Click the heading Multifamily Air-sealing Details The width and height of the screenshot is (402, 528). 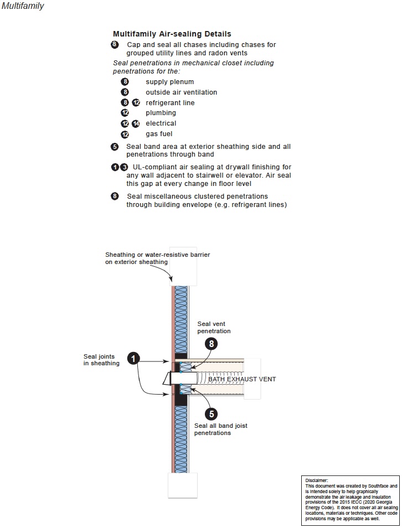point(172,34)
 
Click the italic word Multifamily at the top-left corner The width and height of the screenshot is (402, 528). point(23,6)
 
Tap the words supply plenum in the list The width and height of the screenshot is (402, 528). point(169,82)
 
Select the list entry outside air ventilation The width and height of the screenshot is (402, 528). point(181,92)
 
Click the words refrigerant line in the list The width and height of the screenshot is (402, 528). point(170,103)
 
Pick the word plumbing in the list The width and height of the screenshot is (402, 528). point(161,113)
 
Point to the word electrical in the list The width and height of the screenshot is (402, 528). point(161,123)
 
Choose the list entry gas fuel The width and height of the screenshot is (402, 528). point(159,134)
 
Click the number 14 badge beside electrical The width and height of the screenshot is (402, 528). point(136,124)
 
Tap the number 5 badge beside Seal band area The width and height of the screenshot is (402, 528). point(115,147)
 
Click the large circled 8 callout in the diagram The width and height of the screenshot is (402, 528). point(212,343)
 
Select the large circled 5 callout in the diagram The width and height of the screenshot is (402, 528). point(212,413)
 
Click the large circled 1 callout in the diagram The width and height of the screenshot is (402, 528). point(133,359)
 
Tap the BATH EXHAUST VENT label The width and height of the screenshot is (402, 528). point(241,379)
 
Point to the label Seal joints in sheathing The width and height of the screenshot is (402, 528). point(101,360)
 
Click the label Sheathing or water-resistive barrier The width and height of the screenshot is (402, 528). point(157,258)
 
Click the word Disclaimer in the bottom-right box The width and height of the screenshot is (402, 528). point(317,480)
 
